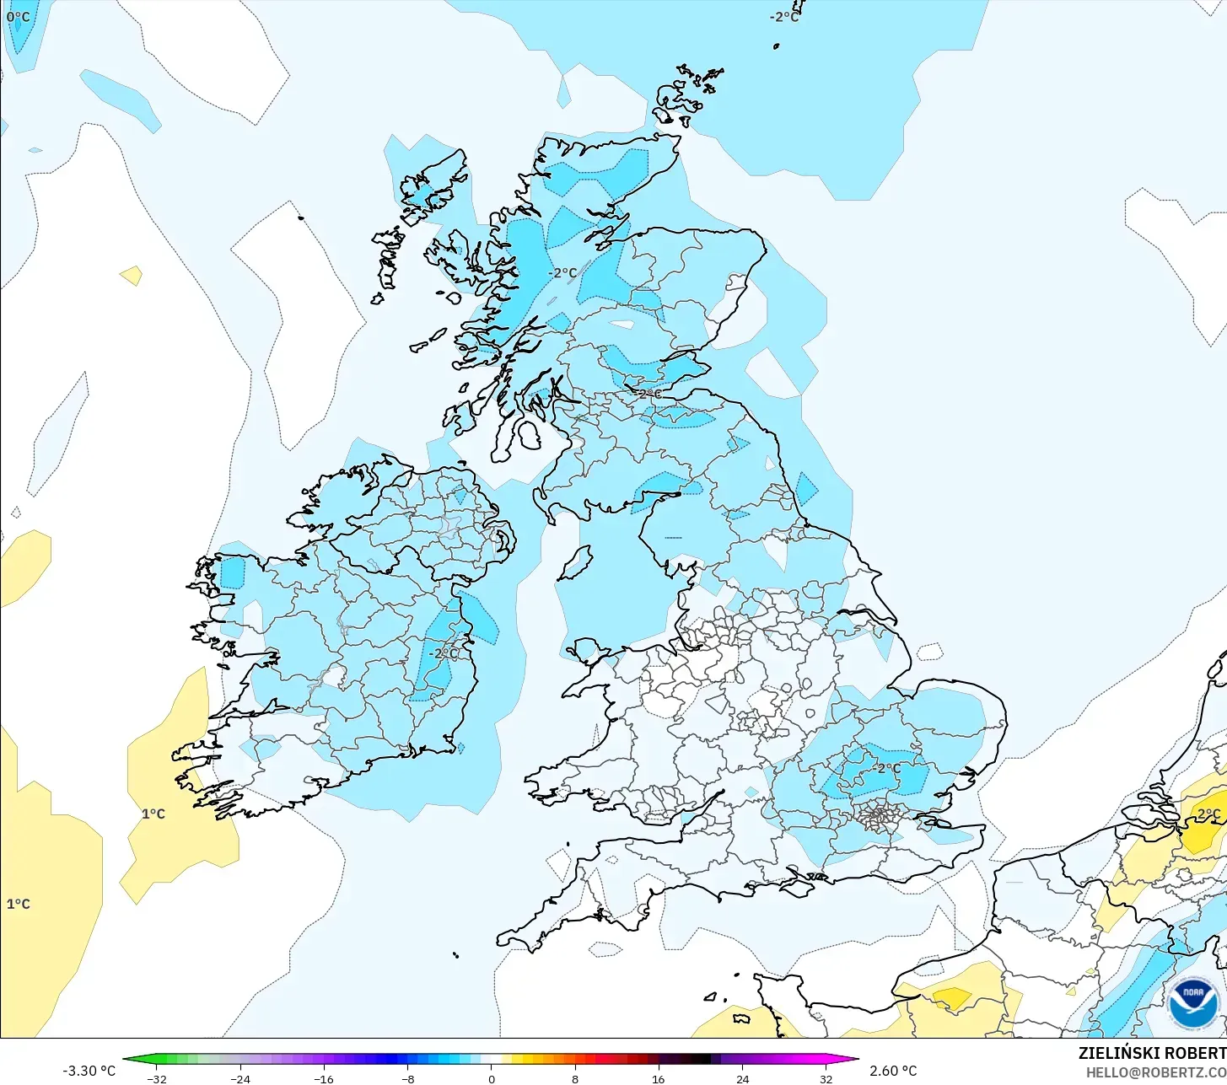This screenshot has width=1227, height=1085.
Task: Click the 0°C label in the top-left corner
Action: coord(18,17)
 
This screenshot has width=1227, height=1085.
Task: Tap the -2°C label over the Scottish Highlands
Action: coord(562,273)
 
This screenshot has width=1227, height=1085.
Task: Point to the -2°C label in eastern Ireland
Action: coord(443,653)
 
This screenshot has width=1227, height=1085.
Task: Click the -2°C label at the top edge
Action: coord(783,17)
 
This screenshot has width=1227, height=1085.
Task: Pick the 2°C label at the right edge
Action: coord(1208,814)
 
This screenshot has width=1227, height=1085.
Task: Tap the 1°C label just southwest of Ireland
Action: coord(153,814)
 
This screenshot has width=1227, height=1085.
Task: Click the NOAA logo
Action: coord(1192,1002)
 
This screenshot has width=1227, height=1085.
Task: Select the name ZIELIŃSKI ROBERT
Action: coord(1152,1053)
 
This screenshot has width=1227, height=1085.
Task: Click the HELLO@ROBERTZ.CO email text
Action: coord(1156,1072)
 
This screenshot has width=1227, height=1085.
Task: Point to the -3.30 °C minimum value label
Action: coord(89,1071)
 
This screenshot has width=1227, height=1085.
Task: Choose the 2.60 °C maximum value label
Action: coord(893,1071)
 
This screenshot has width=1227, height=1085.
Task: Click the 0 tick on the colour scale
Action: coord(492,1079)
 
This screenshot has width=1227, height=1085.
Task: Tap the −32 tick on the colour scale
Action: coord(157,1079)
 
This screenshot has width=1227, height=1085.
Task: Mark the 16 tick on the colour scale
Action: coord(659,1079)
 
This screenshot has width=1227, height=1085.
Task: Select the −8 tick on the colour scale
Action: coord(407,1079)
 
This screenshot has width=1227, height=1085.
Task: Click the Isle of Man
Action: coord(576,563)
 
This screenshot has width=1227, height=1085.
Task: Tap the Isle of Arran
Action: coord(529,436)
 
